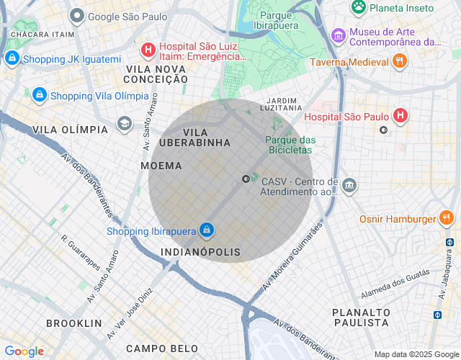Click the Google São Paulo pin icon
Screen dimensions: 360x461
pos(77,16)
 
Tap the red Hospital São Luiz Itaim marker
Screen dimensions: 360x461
pos(148,50)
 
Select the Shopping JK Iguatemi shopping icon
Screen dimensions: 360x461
pos(12,58)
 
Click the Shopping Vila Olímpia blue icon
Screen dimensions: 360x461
pos(39,95)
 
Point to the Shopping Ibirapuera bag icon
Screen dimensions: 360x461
pos(207,230)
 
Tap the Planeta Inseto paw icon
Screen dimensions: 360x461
pos(358,7)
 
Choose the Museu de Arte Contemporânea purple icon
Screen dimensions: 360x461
pos(338,35)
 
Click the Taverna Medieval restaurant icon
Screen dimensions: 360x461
pos(400,62)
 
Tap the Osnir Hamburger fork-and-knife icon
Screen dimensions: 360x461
pos(447,218)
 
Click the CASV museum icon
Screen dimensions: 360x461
pos(349,186)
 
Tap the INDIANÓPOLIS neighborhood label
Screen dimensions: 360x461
pos(201,253)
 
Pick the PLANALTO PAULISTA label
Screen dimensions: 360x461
pos(361,317)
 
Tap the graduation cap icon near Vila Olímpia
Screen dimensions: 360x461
pos(125,124)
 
